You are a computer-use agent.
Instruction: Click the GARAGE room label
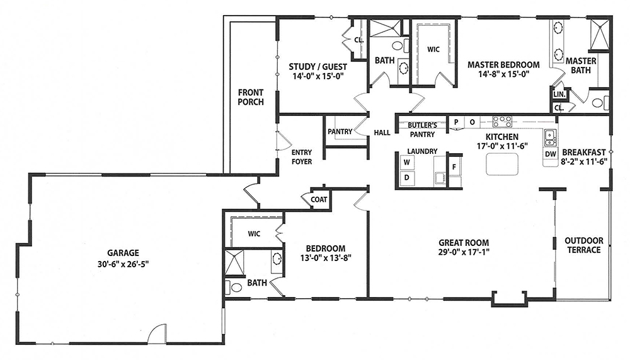[123, 253]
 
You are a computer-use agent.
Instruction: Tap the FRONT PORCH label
[251, 97]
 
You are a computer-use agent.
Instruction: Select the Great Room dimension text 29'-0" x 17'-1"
[464, 252]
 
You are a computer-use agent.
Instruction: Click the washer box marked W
[406, 163]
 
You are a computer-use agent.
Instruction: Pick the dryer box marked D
[406, 177]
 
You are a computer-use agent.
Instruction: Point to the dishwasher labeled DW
[551, 154]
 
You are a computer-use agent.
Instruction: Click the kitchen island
[502, 164]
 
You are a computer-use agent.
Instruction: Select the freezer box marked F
[454, 166]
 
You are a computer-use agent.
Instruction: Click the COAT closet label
[319, 199]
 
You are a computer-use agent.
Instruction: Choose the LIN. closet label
[559, 95]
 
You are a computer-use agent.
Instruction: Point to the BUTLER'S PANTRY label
[422, 130]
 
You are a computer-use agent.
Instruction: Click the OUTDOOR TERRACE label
[584, 245]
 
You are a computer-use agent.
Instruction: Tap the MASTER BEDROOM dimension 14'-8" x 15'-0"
[503, 74]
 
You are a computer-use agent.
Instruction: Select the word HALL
[382, 132]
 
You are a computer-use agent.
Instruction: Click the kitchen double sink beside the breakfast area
[550, 138]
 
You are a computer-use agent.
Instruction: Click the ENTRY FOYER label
[302, 157]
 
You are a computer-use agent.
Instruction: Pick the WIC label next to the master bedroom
[433, 49]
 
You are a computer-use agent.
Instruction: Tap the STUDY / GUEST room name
[318, 67]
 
